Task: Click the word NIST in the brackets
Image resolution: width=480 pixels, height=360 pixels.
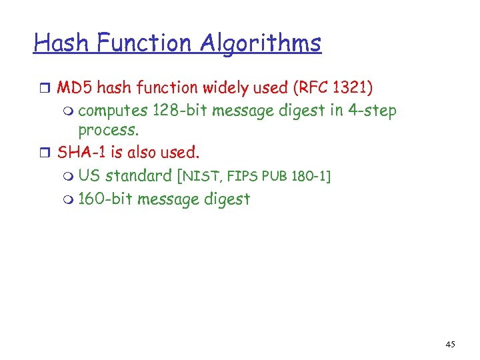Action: (x=201, y=177)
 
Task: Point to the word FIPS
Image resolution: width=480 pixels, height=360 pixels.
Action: (x=244, y=177)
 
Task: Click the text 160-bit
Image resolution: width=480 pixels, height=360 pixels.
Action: (x=105, y=199)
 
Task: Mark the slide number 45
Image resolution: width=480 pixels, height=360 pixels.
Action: (x=450, y=344)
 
